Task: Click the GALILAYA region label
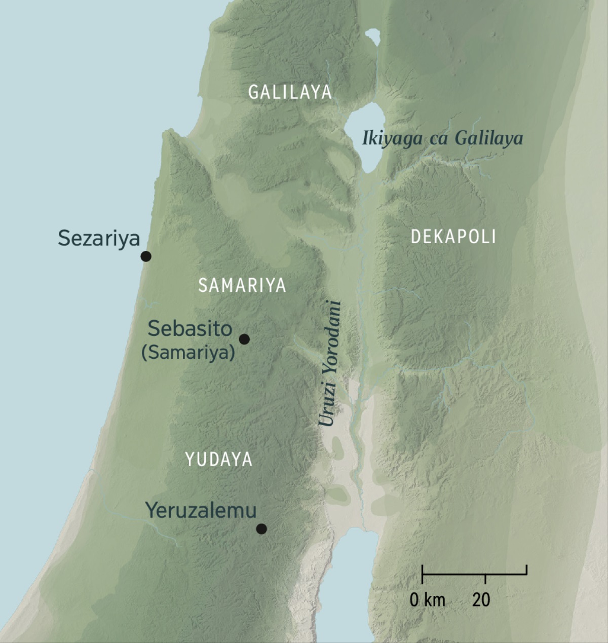290,92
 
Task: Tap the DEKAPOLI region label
453,237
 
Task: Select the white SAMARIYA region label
242,286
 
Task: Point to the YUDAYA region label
219,460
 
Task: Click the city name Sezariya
99,238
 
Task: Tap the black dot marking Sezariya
146,256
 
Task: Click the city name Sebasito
190,329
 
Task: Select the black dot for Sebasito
244,339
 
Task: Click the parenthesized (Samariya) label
188,353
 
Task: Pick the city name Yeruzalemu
201,510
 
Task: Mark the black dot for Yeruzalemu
261,529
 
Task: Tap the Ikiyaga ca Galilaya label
442,138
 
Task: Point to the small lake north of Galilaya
373,37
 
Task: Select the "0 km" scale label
427,600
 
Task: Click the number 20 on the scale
481,600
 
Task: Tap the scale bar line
474,575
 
